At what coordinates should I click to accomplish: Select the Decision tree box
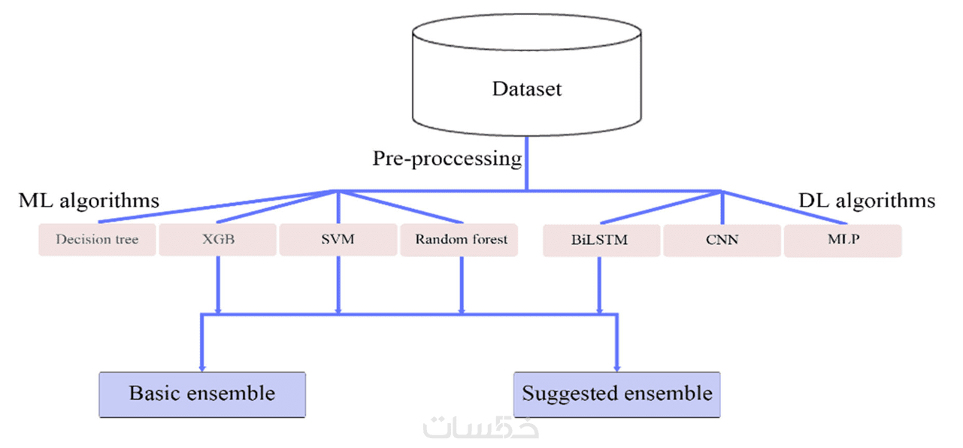(97, 241)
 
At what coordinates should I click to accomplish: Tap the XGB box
(218, 241)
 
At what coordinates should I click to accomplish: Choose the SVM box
(338, 241)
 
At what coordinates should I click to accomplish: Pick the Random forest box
(461, 241)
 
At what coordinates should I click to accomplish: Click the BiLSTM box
(600, 241)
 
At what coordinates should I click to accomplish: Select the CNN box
(722, 241)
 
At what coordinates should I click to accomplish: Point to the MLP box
(843, 241)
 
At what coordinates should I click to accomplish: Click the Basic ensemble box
(202, 394)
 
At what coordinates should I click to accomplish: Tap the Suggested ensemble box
(616, 394)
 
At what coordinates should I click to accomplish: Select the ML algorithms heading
(89, 201)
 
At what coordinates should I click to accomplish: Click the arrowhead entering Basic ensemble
(201, 367)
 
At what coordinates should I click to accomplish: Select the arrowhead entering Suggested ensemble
(616, 367)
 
